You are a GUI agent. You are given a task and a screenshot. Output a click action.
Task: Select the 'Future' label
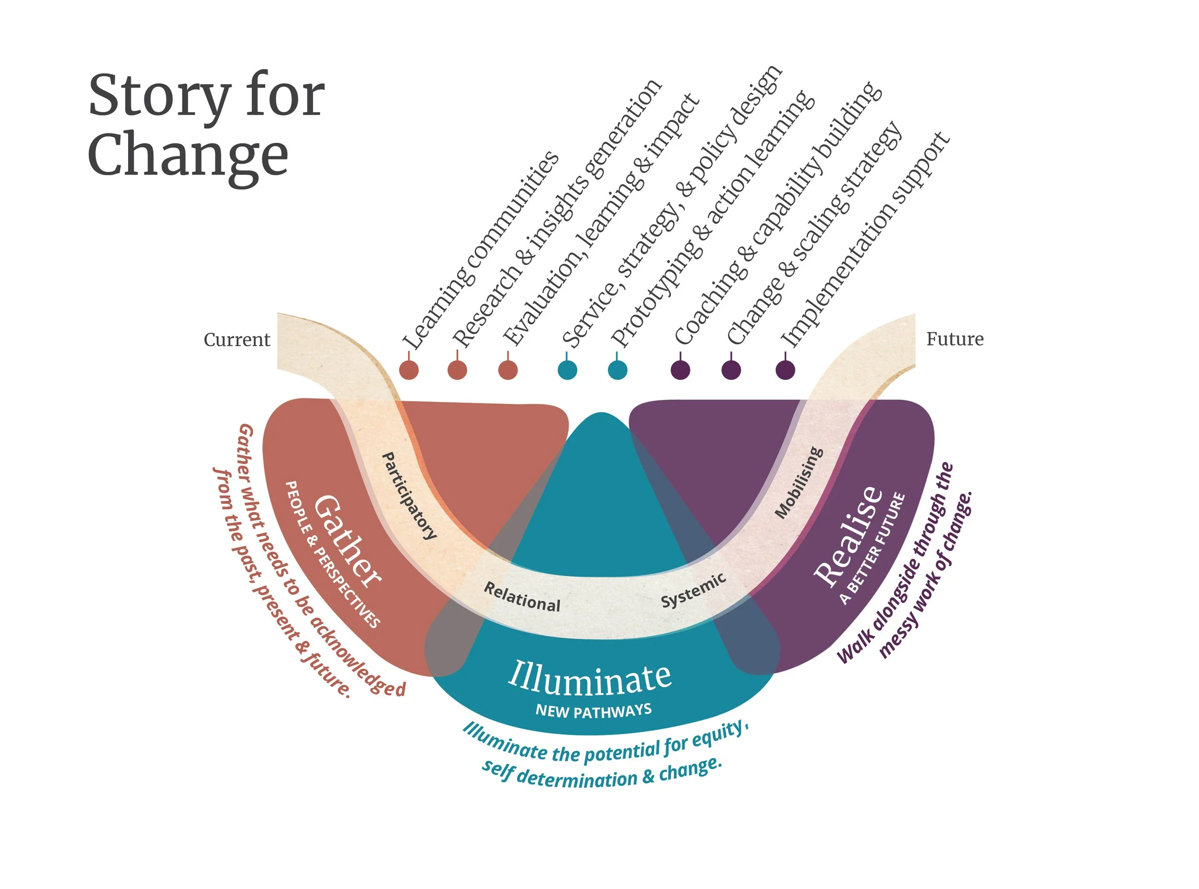955,339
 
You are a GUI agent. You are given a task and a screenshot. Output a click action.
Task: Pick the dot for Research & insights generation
457,370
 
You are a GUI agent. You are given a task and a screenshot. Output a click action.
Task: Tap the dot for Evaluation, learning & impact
508,370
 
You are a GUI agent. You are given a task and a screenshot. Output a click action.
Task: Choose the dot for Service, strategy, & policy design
567,370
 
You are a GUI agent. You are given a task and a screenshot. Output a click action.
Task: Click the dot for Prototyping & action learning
618,370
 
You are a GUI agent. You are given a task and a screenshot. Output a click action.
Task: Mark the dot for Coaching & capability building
681,370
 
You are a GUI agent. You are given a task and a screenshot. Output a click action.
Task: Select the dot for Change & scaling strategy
731,370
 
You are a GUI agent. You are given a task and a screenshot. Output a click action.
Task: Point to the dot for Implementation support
786,370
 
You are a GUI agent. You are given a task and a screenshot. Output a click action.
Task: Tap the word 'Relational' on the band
522,597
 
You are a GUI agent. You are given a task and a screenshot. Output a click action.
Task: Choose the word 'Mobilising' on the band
799,483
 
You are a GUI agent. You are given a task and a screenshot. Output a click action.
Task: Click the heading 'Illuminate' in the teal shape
589,677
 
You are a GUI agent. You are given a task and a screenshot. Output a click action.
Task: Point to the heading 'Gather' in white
347,541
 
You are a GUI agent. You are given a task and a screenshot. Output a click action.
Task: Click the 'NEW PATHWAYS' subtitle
593,711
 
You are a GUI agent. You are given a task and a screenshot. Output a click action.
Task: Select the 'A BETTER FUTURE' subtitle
872,549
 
